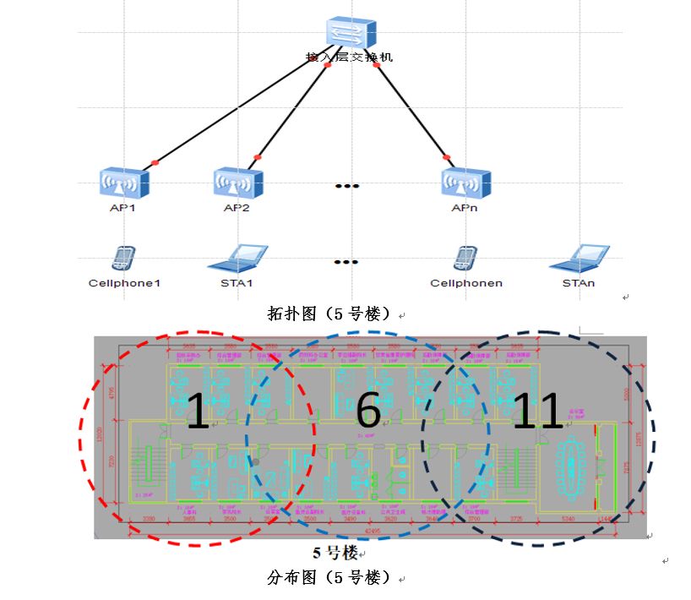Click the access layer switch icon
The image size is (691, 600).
pyautogui.click(x=349, y=33)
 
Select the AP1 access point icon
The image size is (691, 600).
pyautogui.click(x=123, y=182)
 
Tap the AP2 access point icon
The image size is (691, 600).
pyautogui.click(x=237, y=182)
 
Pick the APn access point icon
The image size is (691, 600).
pyautogui.click(x=465, y=182)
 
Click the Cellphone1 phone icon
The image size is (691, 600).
pyautogui.click(x=123, y=259)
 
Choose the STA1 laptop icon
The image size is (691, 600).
pyautogui.click(x=237, y=259)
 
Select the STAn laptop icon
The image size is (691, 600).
pyautogui.click(x=579, y=259)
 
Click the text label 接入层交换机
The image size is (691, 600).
pyautogui.click(x=349, y=58)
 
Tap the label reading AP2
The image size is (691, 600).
pyautogui.click(x=237, y=207)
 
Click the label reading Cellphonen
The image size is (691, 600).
pyautogui.click(x=465, y=283)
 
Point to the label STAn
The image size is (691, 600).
pyautogui.click(x=579, y=283)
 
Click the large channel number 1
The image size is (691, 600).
pyautogui.click(x=197, y=411)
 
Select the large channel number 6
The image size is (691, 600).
pyautogui.click(x=368, y=411)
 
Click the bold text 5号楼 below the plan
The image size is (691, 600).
pyautogui.click(x=335, y=554)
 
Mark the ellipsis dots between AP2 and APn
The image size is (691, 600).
pyautogui.click(x=346, y=186)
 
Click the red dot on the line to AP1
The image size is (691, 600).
pyautogui.click(x=154, y=162)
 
